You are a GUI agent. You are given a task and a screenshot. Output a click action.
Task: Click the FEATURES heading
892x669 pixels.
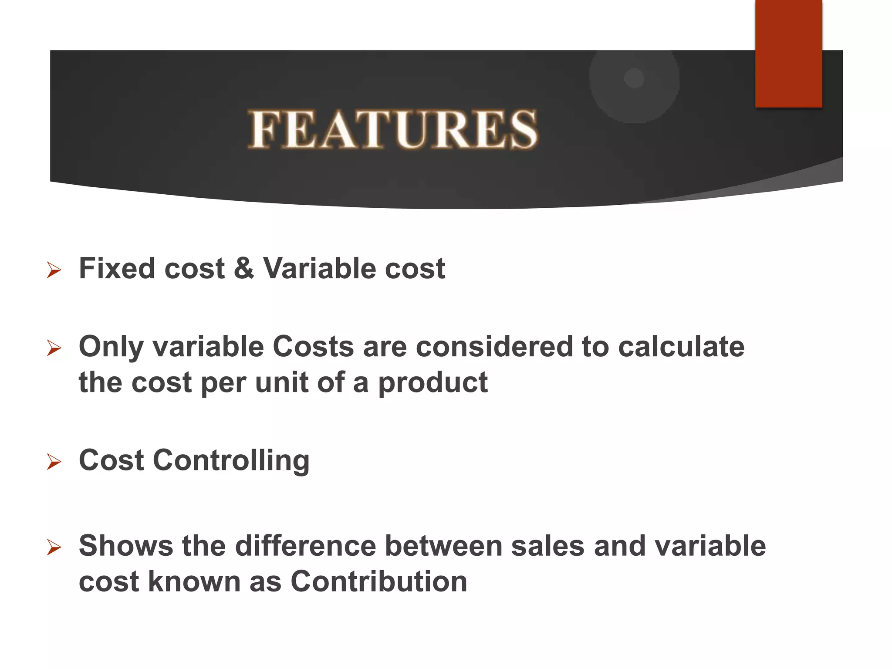(393, 129)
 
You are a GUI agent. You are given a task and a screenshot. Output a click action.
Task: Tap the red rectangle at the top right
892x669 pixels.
(788, 54)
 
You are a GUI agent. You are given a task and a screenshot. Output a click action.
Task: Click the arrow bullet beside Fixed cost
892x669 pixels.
(54, 270)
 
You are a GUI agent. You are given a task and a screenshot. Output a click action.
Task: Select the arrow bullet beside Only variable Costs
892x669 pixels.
(54, 348)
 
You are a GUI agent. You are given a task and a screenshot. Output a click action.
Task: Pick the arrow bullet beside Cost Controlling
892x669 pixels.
(54, 462)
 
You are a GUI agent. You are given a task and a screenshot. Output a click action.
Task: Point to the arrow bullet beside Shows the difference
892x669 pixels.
(54, 547)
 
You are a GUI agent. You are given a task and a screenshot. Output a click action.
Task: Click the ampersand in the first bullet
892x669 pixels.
(244, 268)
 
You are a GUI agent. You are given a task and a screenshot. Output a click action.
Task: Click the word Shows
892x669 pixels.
(125, 546)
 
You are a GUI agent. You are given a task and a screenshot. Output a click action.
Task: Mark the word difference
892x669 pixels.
(305, 546)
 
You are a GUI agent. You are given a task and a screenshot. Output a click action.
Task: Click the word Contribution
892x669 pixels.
(378, 581)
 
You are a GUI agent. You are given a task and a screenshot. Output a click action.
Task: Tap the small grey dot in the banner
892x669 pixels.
(634, 78)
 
